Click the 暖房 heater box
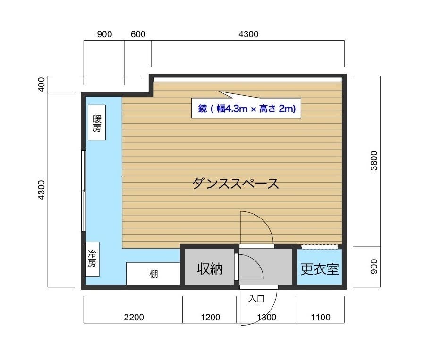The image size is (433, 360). [x=97, y=122]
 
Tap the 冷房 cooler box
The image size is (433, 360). [x=92, y=259]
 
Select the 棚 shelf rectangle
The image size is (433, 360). [x=153, y=274]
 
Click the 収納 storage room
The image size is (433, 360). [x=210, y=268]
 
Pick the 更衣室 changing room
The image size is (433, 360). [x=320, y=269]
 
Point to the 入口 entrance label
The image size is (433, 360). [x=256, y=298]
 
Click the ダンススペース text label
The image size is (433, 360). [x=235, y=183]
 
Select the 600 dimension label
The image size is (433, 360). [x=138, y=34]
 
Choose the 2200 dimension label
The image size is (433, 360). [x=134, y=317]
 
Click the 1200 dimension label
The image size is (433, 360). [x=210, y=317]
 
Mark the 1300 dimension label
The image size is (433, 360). [x=267, y=317]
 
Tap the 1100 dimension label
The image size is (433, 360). [x=321, y=317]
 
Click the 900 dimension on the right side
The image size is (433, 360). [x=374, y=267]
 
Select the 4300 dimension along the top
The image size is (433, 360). [x=248, y=34]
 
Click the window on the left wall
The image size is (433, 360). [x=84, y=190]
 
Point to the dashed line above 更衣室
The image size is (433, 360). [x=319, y=246]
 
